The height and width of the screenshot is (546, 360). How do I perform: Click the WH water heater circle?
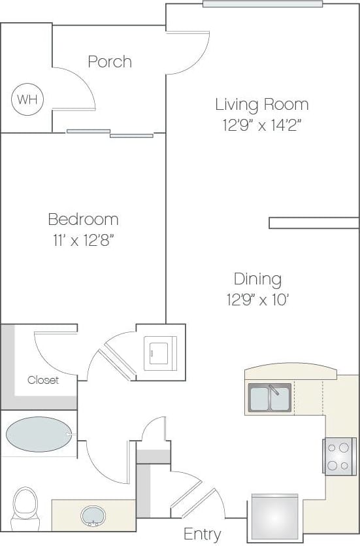click(x=27, y=100)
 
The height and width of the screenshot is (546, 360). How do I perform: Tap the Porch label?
click(x=110, y=61)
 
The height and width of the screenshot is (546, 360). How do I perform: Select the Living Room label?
click(x=262, y=104)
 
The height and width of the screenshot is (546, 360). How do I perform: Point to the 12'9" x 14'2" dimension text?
click(x=262, y=124)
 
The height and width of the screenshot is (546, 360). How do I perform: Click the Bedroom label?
click(x=83, y=219)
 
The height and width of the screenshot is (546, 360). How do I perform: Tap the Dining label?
click(x=257, y=279)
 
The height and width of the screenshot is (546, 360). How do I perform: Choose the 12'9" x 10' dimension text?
click(x=257, y=299)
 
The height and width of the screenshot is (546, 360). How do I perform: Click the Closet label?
click(x=43, y=380)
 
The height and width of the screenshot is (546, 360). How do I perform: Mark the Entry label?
click(x=202, y=534)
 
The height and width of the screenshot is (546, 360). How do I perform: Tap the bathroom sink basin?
click(x=94, y=516)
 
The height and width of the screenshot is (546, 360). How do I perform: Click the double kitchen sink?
click(x=269, y=398)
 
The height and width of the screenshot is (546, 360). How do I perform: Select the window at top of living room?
click(x=262, y=4)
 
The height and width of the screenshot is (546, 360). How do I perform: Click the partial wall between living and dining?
click(x=314, y=223)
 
